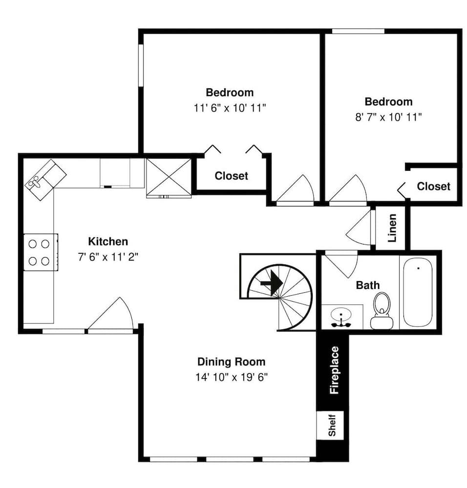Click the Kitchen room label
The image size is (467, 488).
coord(108,241)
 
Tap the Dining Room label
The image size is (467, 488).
coord(231,362)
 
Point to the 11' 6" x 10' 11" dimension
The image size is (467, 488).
coord(230,108)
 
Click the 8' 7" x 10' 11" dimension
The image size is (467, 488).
coord(388,117)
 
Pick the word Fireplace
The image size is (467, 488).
coord(334,370)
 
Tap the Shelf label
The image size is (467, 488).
coord(332,425)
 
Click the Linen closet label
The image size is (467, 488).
coord(392,228)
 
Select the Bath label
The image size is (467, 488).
coord(367,285)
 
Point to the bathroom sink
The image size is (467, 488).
coord(340,316)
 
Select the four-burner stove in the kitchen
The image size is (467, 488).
coord(40,252)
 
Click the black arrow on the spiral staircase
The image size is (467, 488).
coord(272,283)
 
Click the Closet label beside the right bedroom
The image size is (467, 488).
coord(433,186)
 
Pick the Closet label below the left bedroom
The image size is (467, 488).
coord(231,176)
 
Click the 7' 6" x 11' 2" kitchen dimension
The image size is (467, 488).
coord(108,257)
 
